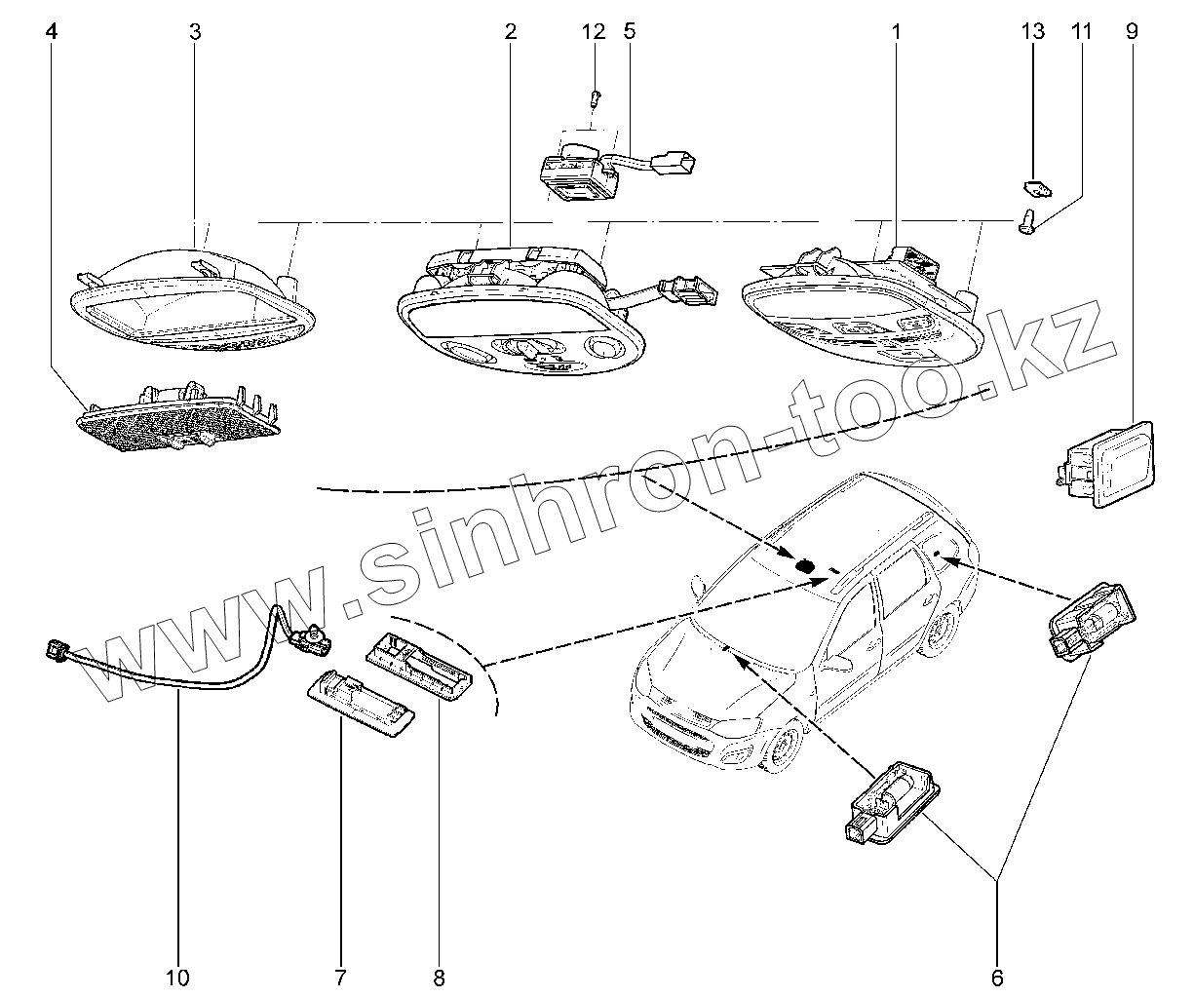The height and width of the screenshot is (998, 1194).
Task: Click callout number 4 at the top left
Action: click(x=52, y=31)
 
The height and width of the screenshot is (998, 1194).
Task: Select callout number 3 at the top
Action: click(x=195, y=31)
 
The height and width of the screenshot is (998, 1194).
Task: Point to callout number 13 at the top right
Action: click(x=1032, y=31)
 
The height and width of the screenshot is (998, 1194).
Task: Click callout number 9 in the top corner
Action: click(x=1131, y=31)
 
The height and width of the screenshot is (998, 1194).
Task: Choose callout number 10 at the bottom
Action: click(x=179, y=976)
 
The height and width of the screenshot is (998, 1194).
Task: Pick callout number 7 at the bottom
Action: click(x=340, y=976)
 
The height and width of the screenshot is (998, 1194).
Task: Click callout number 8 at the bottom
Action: click(x=439, y=976)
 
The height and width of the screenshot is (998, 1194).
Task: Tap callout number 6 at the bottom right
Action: click(x=996, y=976)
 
